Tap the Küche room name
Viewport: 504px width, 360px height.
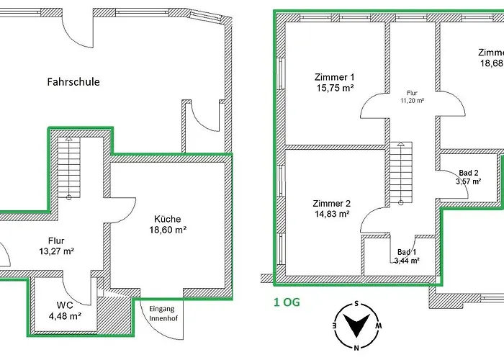[168, 219]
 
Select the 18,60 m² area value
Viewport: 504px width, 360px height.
[168, 231]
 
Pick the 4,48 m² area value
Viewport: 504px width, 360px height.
[64, 315]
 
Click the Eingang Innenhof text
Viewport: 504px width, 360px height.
[162, 314]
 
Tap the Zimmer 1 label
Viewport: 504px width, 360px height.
[335, 76]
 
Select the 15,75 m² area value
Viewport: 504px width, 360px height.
[335, 89]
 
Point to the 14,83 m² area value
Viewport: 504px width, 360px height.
[331, 214]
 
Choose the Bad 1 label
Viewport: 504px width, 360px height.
[407, 251]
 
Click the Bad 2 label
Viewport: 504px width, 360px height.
[469, 173]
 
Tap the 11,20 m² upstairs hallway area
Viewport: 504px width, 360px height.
[412, 101]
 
